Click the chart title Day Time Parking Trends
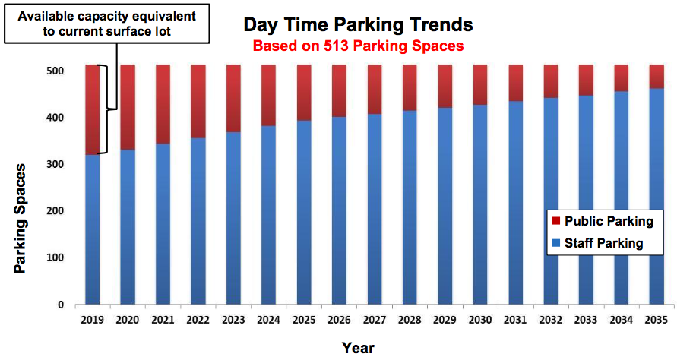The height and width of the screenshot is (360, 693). coord(358,24)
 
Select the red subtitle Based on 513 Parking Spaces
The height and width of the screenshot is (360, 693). coord(358,46)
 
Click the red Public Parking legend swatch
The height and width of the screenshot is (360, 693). coord(555,221)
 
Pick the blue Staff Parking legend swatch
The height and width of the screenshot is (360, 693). coord(555,244)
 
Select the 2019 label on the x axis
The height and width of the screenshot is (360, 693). coord(92,321)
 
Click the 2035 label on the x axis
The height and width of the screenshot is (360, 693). coord(656,321)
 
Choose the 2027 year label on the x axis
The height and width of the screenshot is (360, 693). coord(374,321)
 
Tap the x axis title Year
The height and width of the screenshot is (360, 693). coord(358,347)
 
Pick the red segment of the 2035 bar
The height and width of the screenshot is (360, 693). coord(656,76)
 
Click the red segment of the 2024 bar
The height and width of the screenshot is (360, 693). coord(268,95)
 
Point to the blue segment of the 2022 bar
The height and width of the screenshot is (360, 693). coord(198,221)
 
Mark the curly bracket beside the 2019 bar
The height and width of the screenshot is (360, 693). coord(109,109)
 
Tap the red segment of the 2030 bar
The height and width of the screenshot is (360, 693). coord(479,84)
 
